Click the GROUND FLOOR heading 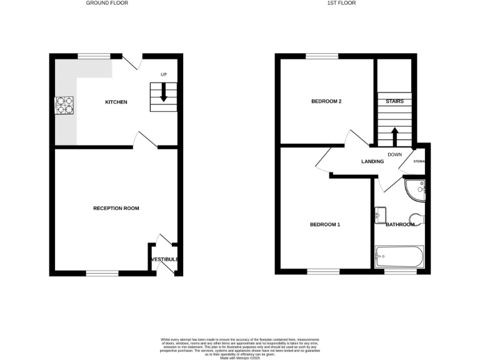pyautogui.click(x=103, y=3)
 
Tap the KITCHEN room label pyautogui.click(x=116, y=102)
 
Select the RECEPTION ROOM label pyautogui.click(x=116, y=208)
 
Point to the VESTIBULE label pyautogui.click(x=165, y=259)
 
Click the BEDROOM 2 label pyautogui.click(x=326, y=101)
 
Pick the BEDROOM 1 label pyautogui.click(x=325, y=224)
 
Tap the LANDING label pyautogui.click(x=372, y=162)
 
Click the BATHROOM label pyautogui.click(x=400, y=224)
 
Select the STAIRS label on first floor pyautogui.click(x=394, y=101)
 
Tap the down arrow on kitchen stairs pyautogui.click(x=164, y=92)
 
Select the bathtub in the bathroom pyautogui.click(x=400, y=256)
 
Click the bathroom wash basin pyautogui.click(x=380, y=214)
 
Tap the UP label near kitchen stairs pyautogui.click(x=164, y=75)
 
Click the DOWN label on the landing pyautogui.click(x=394, y=154)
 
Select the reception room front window pyautogui.click(x=102, y=273)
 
